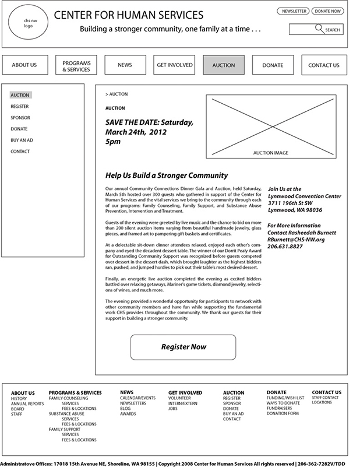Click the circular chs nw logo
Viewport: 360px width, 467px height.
[x=27, y=24]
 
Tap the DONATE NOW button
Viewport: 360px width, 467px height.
[x=327, y=11]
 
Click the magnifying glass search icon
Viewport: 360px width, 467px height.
[x=319, y=28]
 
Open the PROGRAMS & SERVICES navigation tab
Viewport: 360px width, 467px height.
[x=76, y=65]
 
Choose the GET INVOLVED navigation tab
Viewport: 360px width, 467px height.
[x=174, y=65]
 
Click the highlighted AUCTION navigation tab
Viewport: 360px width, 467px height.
[x=224, y=65]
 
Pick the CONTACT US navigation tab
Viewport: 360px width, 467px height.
[x=323, y=65]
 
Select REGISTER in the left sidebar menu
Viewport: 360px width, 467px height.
[x=19, y=107]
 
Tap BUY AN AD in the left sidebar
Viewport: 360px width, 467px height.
[x=22, y=141]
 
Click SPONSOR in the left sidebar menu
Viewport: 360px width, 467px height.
[x=20, y=118]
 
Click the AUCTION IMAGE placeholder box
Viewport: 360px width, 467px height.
[x=270, y=127]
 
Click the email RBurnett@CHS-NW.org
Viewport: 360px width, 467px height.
[x=296, y=240]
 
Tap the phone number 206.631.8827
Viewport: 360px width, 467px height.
[x=285, y=247]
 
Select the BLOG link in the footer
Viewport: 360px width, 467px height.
[x=125, y=409]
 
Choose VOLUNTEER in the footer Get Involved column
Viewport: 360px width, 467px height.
[x=180, y=398]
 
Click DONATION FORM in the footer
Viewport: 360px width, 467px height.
[x=283, y=413]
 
